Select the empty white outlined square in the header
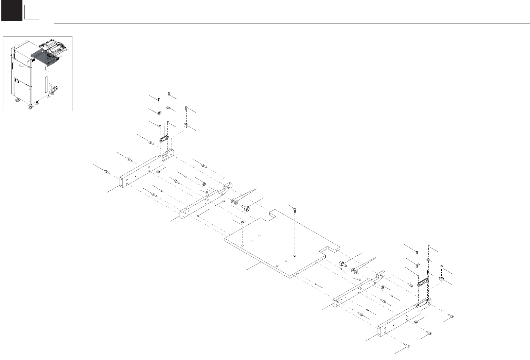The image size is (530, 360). click(x=32, y=13)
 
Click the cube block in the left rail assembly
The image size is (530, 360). click(x=186, y=125)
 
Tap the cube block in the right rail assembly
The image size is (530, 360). click(x=441, y=279)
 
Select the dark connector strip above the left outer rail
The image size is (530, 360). click(x=164, y=138)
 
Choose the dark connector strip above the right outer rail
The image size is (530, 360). click(x=422, y=282)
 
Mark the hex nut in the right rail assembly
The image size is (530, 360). click(x=383, y=287)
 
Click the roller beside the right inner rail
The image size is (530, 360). click(x=342, y=264)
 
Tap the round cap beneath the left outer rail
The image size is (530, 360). click(x=158, y=172)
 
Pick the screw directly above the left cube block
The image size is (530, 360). click(x=187, y=109)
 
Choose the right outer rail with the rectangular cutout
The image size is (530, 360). click(x=404, y=316)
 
